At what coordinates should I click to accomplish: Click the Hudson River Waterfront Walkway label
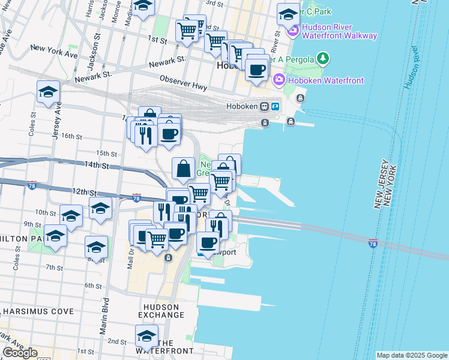(339, 31)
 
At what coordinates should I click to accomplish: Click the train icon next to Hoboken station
(264, 107)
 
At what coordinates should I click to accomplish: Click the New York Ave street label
(54, 50)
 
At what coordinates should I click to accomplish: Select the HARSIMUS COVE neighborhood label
(38, 311)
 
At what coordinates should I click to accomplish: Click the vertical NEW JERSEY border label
(383, 184)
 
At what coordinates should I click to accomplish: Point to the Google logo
(20, 353)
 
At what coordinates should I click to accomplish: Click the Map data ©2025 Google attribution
(412, 355)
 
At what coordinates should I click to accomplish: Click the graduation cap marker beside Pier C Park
(289, 14)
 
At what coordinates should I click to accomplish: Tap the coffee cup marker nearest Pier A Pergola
(257, 69)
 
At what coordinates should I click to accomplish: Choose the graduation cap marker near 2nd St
(146, 335)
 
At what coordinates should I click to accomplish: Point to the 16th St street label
(71, 136)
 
